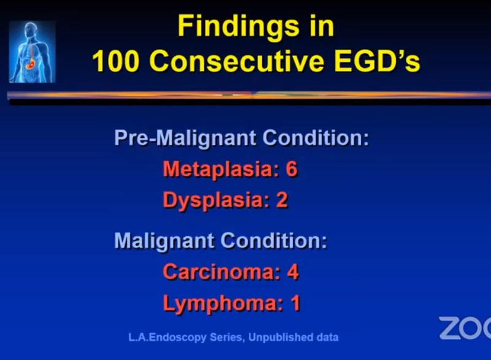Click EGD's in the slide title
coord(377,61)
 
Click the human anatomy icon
coord(32,52)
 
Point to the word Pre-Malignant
coord(185,138)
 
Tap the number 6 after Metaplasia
coord(291,169)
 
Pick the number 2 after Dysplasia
coord(281,200)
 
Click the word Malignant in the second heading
coord(164,241)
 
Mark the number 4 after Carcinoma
coord(293,272)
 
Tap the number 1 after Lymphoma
coord(295,303)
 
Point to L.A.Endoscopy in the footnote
coord(167,338)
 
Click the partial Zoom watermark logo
coord(465,328)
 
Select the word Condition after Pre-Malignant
coord(316,137)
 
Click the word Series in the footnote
coord(227,337)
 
